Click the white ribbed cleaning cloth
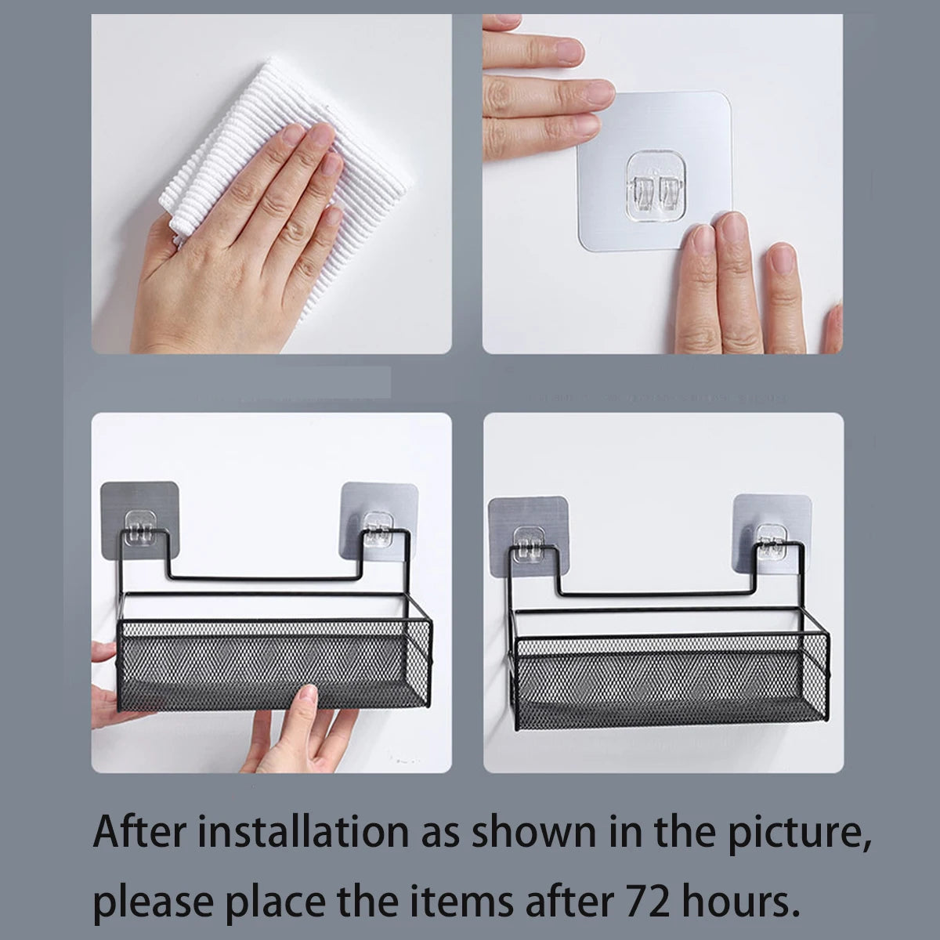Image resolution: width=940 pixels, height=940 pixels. coord(287,161)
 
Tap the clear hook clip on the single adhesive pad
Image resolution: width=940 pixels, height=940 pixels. coord(655,187)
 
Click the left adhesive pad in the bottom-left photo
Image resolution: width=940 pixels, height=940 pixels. coord(139,520)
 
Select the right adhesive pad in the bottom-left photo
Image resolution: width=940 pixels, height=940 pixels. coord(379,520)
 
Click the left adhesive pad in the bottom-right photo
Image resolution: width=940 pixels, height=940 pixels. coord(528,536)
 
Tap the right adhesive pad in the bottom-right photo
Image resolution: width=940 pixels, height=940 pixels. coord(772,533)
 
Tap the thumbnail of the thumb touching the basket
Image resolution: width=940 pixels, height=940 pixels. coord(309,692)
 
